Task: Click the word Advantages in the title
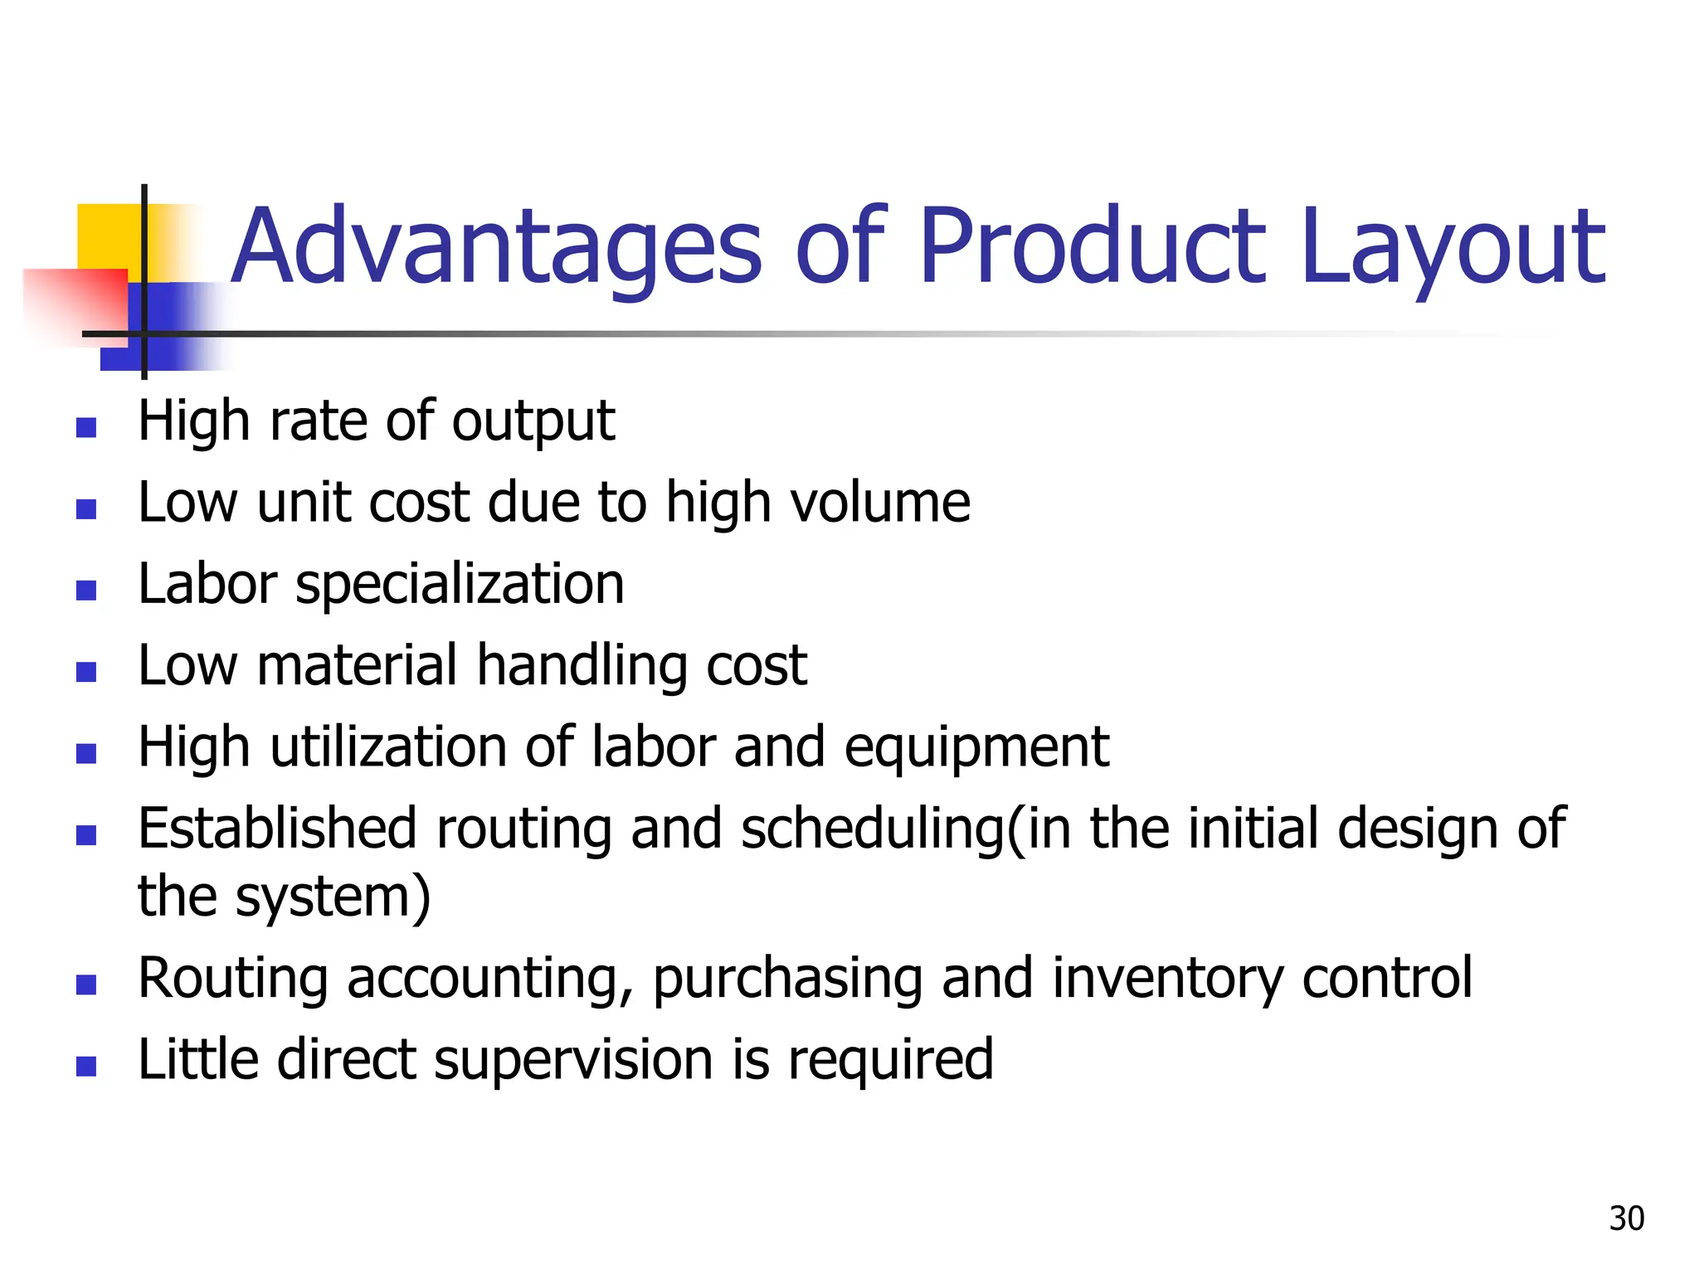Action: click(495, 246)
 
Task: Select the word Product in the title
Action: click(1092, 246)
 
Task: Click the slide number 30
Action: click(1626, 1218)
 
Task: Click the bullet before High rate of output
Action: click(86, 427)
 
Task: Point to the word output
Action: click(533, 421)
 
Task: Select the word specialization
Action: click(460, 585)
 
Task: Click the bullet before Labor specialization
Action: click(86, 590)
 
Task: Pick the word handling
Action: click(581, 666)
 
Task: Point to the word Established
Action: click(277, 829)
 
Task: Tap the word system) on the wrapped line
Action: click(333, 897)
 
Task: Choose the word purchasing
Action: click(787, 979)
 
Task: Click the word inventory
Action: click(1167, 979)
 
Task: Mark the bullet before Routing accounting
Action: click(86, 985)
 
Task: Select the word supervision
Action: click(573, 1060)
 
